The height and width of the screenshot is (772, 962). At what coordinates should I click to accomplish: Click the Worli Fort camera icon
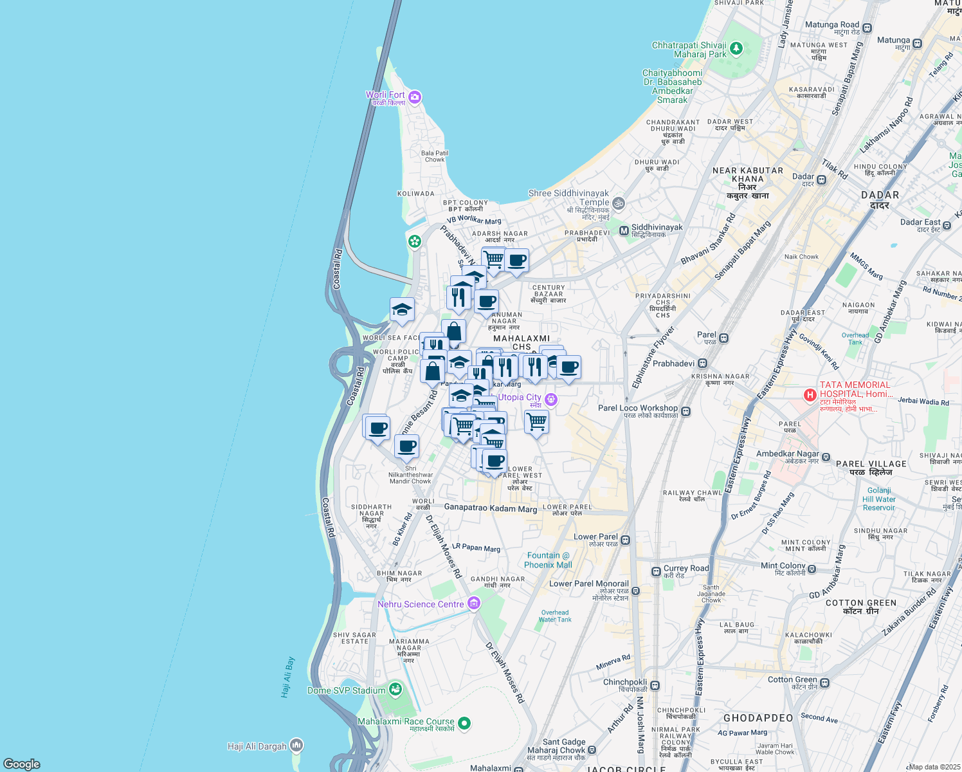point(415,97)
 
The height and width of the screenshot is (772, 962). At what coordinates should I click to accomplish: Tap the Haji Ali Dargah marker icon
point(296,746)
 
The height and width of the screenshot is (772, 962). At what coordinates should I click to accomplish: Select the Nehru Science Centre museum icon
point(474,603)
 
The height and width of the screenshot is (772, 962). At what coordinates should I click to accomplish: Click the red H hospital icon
point(810,394)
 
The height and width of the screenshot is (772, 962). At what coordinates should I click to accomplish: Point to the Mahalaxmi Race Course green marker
point(464,723)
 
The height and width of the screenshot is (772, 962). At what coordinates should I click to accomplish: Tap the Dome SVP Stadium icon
point(395,690)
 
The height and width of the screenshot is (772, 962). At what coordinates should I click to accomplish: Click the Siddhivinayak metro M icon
point(623,230)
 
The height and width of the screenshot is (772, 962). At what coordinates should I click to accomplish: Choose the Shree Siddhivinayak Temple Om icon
point(618,203)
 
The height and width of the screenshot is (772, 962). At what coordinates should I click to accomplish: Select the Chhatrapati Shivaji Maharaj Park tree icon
point(736,48)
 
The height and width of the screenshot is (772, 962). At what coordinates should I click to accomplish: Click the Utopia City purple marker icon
point(550,400)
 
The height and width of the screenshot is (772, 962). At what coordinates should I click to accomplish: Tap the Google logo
point(22,764)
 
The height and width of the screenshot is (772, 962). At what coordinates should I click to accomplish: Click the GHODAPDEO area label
point(758,718)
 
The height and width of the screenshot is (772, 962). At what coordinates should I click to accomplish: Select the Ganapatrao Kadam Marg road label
point(491,508)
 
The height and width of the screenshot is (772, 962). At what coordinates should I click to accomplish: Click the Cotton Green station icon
point(825,683)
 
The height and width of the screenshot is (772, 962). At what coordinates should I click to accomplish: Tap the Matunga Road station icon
point(867,28)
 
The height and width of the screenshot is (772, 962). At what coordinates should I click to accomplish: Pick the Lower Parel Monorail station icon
point(635,591)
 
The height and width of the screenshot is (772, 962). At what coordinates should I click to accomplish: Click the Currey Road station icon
point(656,571)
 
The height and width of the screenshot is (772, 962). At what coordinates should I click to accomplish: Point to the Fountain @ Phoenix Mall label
point(548,560)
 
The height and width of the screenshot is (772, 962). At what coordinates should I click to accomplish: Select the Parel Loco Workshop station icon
point(685,411)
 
